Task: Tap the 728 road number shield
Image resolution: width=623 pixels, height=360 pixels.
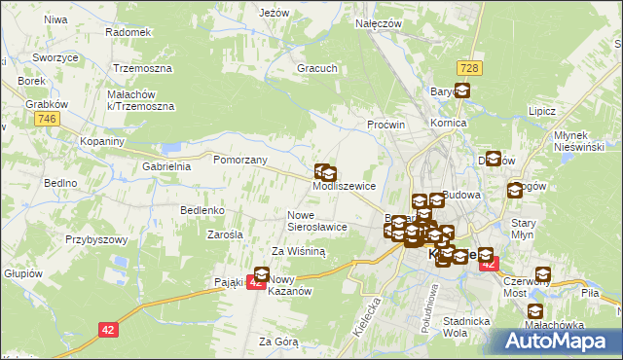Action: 470,66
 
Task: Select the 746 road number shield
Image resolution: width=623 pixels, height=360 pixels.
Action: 45,118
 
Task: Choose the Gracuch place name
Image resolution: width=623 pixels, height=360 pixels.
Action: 317,69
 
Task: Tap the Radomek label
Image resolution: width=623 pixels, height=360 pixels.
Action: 128,31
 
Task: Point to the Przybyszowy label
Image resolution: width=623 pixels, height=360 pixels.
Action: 96,238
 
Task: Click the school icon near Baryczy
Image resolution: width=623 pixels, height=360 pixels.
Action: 461,92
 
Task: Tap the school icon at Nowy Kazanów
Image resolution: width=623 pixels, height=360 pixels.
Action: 263,274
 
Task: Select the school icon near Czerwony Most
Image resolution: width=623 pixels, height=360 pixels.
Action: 541,275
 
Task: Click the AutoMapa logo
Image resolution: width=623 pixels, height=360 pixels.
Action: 555,341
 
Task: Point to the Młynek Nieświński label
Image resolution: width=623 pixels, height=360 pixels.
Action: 578,140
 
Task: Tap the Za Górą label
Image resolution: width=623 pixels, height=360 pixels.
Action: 278,342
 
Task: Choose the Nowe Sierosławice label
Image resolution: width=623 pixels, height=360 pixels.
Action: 317,220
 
